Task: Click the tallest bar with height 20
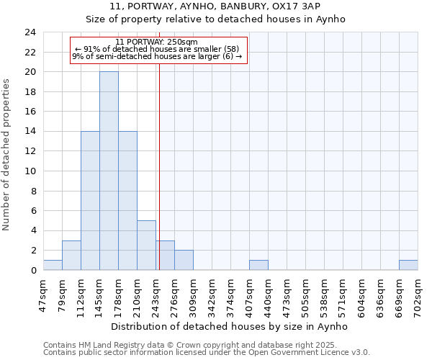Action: [109, 171]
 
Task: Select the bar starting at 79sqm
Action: [71, 255]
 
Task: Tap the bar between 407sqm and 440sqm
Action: [258, 265]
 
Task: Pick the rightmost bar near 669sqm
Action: [408, 265]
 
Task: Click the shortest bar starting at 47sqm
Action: [53, 265]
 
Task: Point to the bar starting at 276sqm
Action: [184, 260]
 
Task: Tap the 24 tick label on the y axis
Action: [30, 32]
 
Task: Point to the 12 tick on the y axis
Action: [30, 151]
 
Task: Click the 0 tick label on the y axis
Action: [33, 270]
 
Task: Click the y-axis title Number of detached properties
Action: [7, 155]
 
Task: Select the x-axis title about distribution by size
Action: [230, 326]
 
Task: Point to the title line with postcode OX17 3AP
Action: [216, 7]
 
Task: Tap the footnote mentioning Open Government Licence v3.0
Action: [207, 353]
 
